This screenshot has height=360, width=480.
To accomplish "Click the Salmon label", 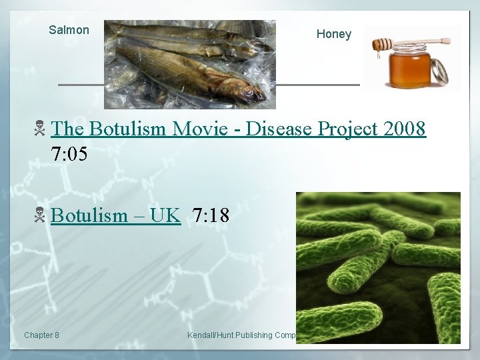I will (69, 30).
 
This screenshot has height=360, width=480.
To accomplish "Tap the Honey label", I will (333, 34).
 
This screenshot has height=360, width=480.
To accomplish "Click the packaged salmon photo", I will (189, 64).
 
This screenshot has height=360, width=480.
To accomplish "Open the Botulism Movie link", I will (237, 129).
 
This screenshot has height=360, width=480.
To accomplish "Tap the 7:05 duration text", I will (69, 154).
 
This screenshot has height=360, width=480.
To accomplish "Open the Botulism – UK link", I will (115, 215).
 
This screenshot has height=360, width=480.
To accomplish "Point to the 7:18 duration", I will (211, 215).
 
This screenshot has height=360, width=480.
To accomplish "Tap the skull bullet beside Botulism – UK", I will (40, 215).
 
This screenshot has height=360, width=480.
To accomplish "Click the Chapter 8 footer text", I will (41, 335).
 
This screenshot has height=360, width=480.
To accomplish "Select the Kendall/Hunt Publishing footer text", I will (241, 335).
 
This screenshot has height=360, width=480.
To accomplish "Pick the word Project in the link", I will (347, 129).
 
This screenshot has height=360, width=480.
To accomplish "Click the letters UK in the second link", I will (165, 215).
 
